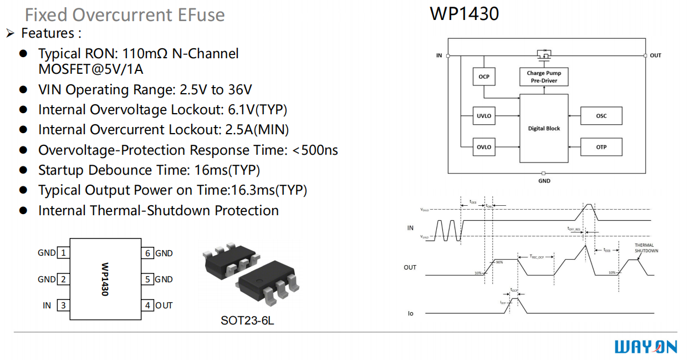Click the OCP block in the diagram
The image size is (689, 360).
coord(484,77)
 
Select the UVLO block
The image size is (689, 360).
coord(484,116)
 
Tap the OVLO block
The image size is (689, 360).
coord(484,147)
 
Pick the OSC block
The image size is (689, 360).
coord(601,116)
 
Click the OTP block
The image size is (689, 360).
coord(601,147)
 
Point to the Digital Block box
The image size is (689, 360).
coord(544,128)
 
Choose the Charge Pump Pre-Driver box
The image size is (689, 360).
coord(544,77)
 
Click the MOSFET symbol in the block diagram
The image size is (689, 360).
coord(544,54)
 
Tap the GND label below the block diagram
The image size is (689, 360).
coord(544,181)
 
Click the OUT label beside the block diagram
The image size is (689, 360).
coord(656,55)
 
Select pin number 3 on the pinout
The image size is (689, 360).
coord(64,305)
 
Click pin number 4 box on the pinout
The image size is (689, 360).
coord(147,305)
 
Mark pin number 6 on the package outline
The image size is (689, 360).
coord(147,253)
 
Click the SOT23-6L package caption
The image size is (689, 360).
coord(247,321)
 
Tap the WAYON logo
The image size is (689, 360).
coord(646,347)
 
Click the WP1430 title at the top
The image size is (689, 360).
coord(464,14)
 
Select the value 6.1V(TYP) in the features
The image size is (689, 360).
coord(257,110)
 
